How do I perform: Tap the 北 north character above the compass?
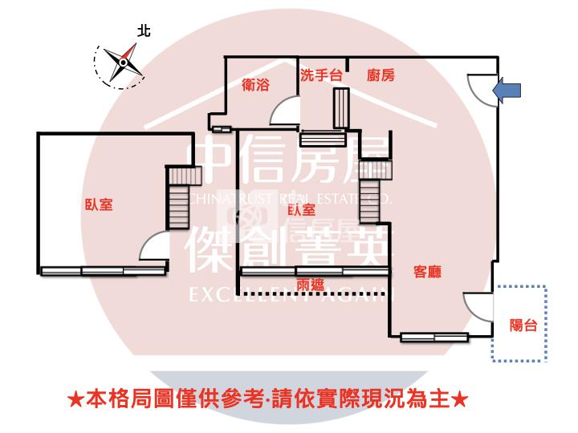click(x=144, y=31)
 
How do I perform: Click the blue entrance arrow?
click(x=510, y=91)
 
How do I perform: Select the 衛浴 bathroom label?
click(x=255, y=84)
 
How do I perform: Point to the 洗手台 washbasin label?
click(x=320, y=75)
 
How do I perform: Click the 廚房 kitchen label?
click(x=381, y=75)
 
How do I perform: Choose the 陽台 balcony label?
click(x=523, y=325)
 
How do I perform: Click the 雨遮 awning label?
click(x=310, y=285)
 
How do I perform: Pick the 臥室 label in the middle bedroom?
click(x=301, y=210)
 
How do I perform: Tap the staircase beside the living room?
click(x=370, y=192)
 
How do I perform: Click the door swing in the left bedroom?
click(x=153, y=248)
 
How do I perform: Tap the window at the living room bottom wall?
click(x=434, y=337)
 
